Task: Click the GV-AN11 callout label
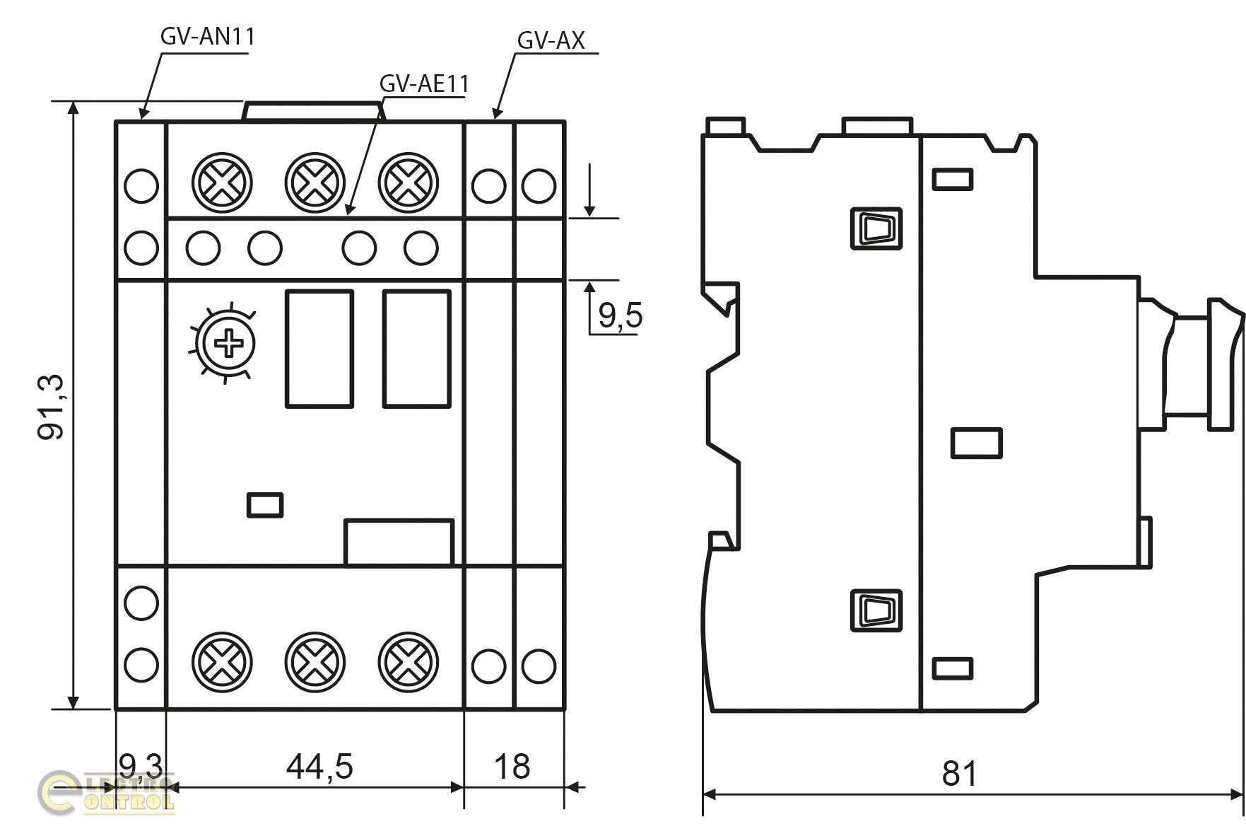click(207, 36)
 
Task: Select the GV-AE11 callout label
click(424, 83)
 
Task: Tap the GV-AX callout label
click(551, 41)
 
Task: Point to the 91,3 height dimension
click(51, 407)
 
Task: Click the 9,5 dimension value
click(621, 315)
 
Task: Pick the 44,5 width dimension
click(319, 766)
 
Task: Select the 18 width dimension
click(512, 766)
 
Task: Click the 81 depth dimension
click(960, 774)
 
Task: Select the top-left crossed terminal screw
click(222, 182)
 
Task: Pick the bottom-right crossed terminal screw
click(409, 663)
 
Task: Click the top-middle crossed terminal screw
click(315, 182)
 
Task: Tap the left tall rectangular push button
click(319, 349)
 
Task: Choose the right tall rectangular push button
click(417, 349)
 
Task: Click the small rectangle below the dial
click(265, 505)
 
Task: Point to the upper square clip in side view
click(876, 228)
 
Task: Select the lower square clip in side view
click(876, 610)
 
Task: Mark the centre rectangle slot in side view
click(976, 443)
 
